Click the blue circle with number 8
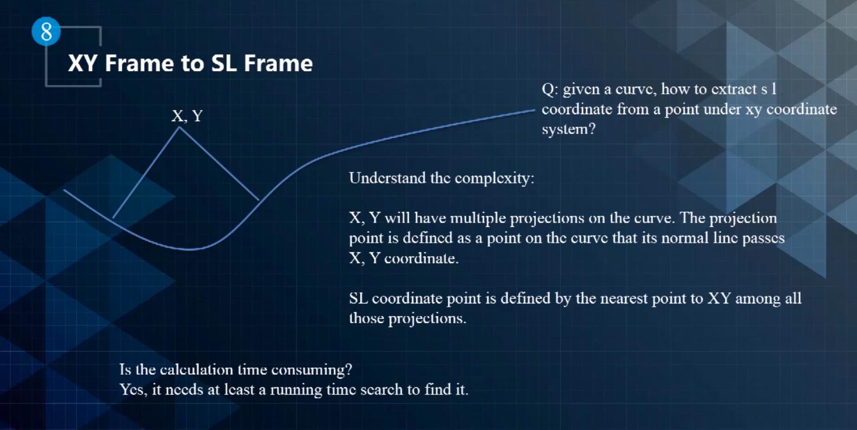(46, 32)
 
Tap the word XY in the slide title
(83, 63)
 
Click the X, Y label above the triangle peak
(187, 116)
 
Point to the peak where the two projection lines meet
(179, 128)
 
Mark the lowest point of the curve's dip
(189, 250)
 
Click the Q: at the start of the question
(550, 90)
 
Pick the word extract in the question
(732, 89)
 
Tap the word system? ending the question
(569, 129)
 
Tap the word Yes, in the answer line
(133, 390)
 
